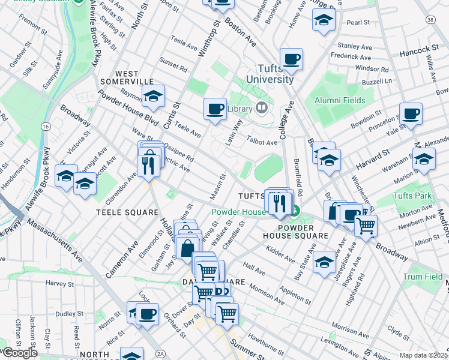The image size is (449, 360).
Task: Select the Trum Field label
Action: tap(421, 277)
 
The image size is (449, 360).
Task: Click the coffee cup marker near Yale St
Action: tap(411, 114)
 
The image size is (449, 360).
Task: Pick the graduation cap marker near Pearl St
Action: tap(324, 21)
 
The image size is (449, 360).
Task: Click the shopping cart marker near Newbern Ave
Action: tap(366, 226)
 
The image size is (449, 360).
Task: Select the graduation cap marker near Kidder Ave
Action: tap(324, 263)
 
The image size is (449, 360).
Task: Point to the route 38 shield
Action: tap(430, 20)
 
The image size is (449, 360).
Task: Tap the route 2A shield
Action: tap(160, 353)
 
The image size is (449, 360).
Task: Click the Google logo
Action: tap(19, 353)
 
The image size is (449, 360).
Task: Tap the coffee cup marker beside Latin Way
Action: tap(215, 109)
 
